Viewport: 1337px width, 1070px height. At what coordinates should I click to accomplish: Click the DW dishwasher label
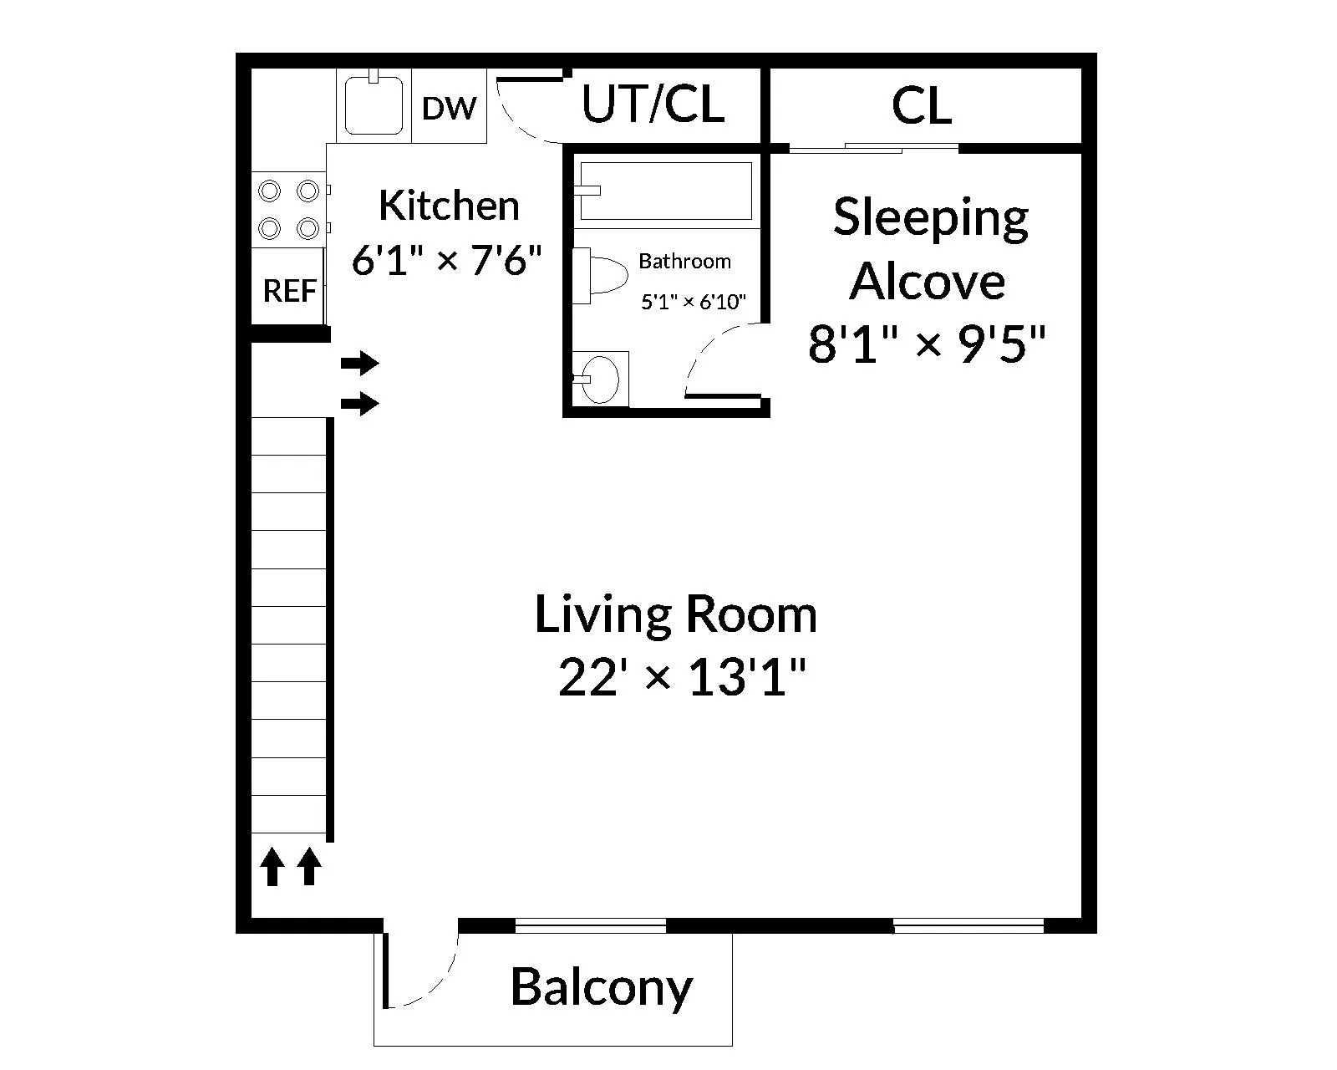coord(450,108)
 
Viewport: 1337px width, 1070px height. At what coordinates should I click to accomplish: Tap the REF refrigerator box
coord(289,290)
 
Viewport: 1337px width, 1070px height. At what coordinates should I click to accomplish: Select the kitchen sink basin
coord(374,106)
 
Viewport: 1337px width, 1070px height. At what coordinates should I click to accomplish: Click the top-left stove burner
coord(269,191)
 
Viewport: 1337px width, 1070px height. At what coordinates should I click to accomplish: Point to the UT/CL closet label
coord(653,104)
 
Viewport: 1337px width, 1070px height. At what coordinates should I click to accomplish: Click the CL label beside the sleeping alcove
coord(921,106)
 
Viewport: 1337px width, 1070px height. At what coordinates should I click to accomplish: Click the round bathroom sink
coord(599,380)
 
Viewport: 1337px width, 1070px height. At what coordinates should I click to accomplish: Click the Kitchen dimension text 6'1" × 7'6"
coord(448,261)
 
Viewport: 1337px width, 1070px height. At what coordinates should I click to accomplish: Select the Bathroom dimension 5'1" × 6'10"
coord(693,302)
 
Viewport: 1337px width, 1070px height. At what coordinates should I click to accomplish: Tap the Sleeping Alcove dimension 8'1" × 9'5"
coord(927,344)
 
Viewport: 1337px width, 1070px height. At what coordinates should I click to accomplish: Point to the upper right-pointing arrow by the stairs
coord(360,364)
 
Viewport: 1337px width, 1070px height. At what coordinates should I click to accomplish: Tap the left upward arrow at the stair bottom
coord(271,867)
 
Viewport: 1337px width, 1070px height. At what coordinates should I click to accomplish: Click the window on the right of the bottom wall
coord(968,925)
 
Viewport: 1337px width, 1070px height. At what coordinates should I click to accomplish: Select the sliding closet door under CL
coord(873,149)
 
